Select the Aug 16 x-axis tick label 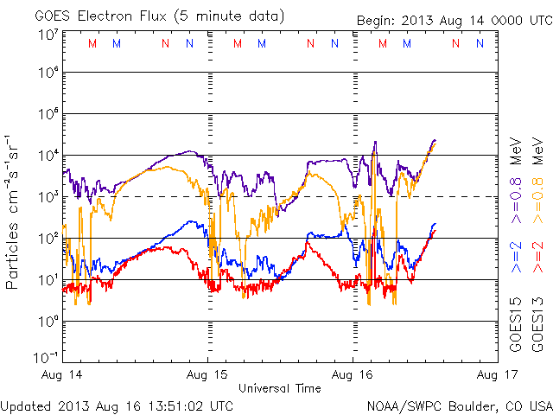tap(353, 374)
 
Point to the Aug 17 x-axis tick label tap(494, 374)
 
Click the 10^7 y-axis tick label tap(48, 35)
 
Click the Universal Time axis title tap(280, 388)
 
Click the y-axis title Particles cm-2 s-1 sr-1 tap(14, 212)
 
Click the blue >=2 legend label tap(516, 256)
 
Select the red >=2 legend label tap(537, 256)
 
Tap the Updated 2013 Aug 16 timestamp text tap(117, 405)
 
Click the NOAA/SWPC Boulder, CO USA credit tap(458, 405)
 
